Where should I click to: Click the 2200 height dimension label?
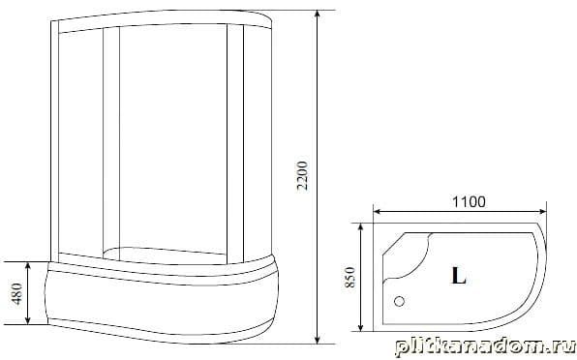(x=302, y=175)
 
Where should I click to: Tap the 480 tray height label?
(x=16, y=293)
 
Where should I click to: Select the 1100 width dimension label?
(x=469, y=202)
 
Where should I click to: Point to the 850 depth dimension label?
(x=349, y=277)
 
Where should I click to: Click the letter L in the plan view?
(x=459, y=276)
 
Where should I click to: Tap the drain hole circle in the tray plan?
(x=399, y=302)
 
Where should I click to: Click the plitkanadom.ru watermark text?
(x=485, y=347)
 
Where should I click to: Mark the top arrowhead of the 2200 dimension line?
(x=318, y=15)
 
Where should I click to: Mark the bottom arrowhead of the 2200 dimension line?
(x=318, y=339)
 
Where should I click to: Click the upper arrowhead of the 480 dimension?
(x=28, y=266)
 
